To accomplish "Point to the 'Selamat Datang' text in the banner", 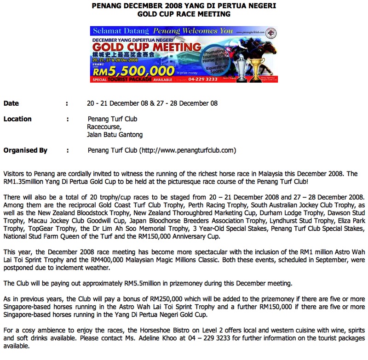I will click(x=121, y=32).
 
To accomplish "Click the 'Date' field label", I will click(x=11, y=103).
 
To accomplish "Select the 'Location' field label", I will click(x=17, y=119).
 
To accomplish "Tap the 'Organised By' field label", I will click(x=25, y=150).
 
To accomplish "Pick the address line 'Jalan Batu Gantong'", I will click(x=115, y=135).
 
